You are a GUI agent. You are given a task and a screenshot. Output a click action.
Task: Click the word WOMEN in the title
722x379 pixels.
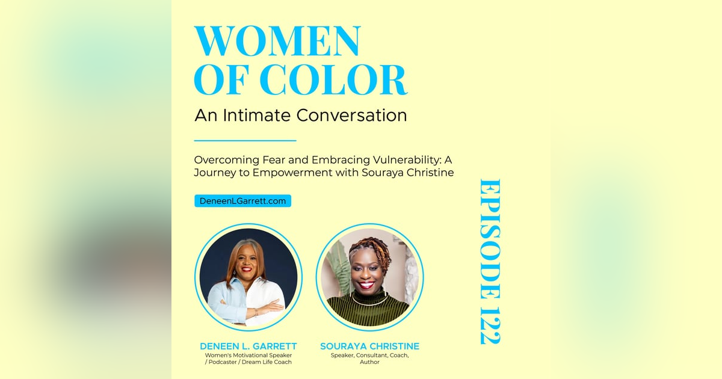pos(277,42)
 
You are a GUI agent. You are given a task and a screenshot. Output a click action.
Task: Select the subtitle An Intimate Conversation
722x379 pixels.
pos(300,115)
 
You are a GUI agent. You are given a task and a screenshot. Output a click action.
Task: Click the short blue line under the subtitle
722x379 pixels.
pos(245,141)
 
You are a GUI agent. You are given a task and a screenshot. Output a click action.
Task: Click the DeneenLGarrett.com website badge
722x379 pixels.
pos(242,201)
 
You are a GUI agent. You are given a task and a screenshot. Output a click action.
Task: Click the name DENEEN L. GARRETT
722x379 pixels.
pos(248,347)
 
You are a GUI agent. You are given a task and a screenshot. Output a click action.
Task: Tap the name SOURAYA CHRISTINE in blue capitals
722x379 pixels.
pos(369,347)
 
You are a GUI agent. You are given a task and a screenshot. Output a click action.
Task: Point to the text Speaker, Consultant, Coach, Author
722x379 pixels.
pos(369,359)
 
